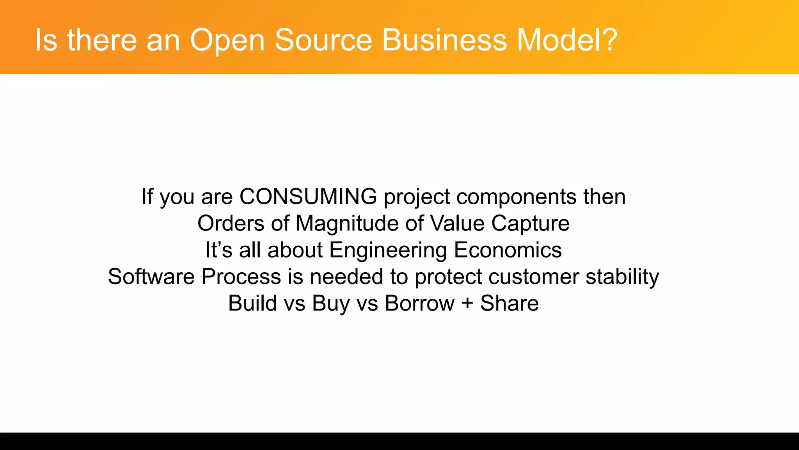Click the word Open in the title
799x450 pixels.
[227, 40]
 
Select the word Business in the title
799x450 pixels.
[444, 40]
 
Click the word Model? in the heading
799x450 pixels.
[567, 40]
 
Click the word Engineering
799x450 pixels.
[388, 250]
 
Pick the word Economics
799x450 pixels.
[508, 250]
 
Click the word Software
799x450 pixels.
[151, 277]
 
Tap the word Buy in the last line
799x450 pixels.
[331, 303]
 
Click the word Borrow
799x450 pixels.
[419, 303]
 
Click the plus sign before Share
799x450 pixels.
[467, 304]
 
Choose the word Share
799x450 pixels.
[509, 303]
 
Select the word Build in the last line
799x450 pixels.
[253, 303]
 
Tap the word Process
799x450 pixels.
[241, 277]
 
